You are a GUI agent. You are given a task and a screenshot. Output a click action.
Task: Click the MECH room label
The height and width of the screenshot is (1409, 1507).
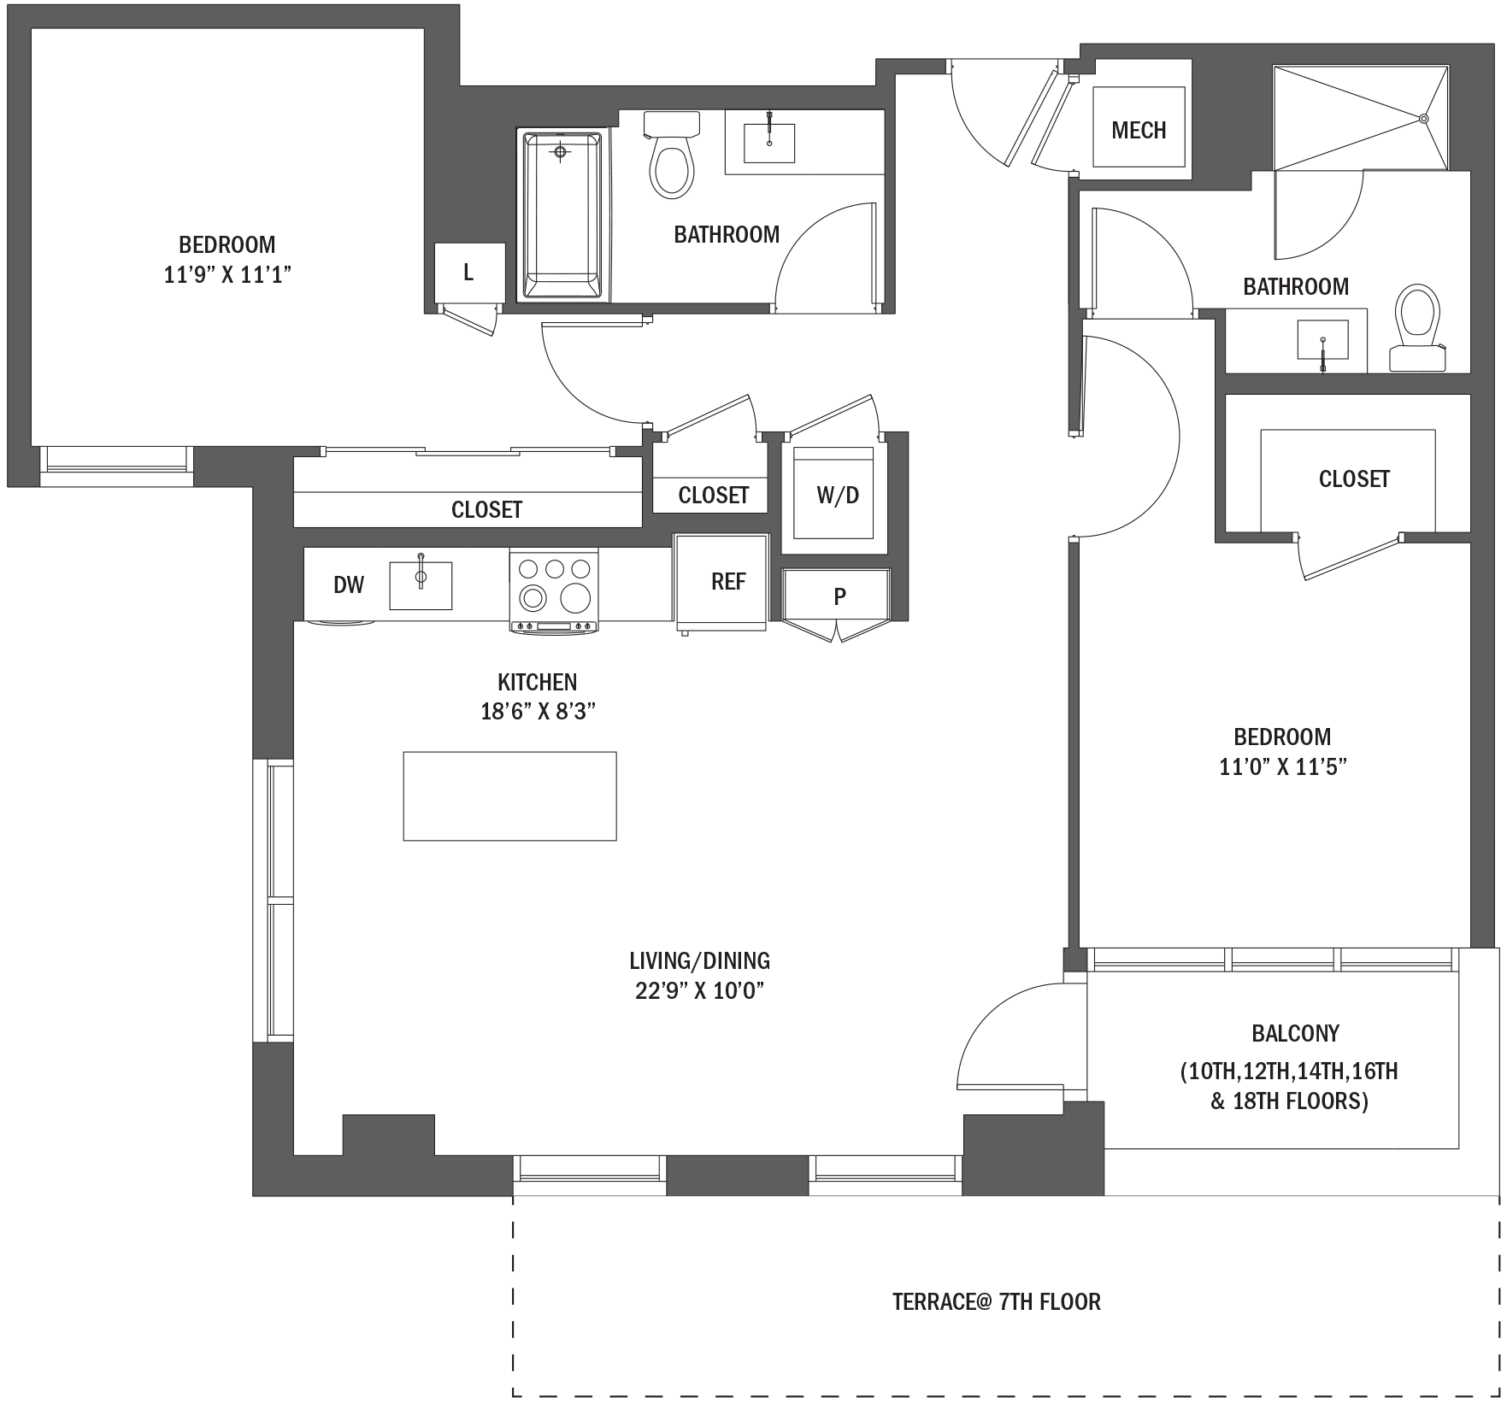coord(1139,130)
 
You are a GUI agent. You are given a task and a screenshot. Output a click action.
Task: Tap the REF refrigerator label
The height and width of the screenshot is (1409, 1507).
coord(728,581)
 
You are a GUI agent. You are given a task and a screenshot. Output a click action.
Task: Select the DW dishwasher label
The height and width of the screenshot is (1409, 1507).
coord(349,584)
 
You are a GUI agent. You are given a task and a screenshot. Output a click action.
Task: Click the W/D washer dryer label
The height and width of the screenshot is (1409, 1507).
coord(838,495)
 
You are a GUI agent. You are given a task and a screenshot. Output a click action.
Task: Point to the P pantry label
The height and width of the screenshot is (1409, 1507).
coord(839,596)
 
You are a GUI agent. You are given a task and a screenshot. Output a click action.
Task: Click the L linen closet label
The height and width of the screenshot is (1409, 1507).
coord(468,273)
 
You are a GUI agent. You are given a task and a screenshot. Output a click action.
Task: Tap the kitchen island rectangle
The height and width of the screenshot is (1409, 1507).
coord(509,795)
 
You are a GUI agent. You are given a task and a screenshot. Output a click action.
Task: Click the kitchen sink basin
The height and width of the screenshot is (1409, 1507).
coord(421,585)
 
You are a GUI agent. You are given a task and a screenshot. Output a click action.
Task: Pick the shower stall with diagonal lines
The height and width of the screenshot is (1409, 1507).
coord(1361,118)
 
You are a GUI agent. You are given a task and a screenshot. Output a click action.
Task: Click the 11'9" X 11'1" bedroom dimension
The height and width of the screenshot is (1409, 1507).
coord(228,275)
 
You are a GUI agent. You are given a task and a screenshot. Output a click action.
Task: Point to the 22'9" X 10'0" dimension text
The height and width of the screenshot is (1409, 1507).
coord(699,991)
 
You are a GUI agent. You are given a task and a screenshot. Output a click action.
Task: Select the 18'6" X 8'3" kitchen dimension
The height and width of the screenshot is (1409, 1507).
coord(538,711)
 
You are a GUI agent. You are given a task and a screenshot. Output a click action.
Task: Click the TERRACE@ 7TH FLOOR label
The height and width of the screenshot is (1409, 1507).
coord(997,1301)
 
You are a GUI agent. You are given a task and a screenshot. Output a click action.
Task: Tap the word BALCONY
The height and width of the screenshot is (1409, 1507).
coord(1295,1033)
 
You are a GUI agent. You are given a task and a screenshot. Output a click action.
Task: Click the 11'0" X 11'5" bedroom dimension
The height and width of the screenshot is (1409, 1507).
coord(1283,766)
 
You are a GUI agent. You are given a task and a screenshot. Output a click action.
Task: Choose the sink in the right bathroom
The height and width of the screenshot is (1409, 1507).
coord(1322,340)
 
